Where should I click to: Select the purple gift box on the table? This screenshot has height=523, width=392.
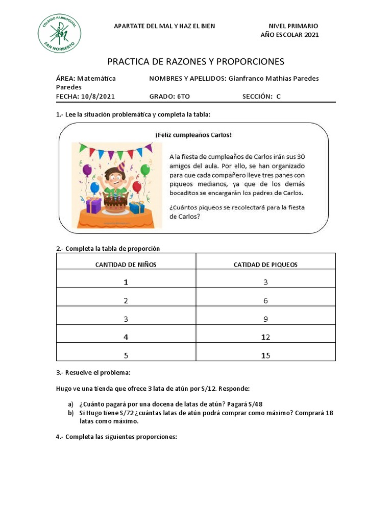tap(93, 205)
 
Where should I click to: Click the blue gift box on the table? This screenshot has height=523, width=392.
tap(137, 207)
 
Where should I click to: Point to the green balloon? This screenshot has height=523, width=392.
tap(145, 170)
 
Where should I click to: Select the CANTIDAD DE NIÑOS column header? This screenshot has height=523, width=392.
tap(126, 265)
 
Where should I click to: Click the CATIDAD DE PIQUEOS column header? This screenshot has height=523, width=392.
tap(265, 265)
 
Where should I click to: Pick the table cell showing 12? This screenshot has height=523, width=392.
tap(265, 337)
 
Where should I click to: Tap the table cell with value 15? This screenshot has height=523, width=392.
tap(265, 355)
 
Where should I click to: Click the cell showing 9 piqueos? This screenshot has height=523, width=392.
tap(265, 319)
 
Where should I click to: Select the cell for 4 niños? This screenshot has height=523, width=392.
tap(126, 337)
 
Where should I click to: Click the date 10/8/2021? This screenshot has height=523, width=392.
tap(97, 96)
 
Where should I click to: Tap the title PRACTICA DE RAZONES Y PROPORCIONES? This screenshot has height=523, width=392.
tap(195, 62)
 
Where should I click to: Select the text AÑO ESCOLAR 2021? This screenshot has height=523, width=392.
tap(289, 35)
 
